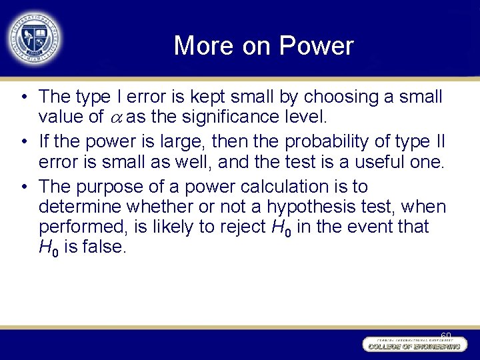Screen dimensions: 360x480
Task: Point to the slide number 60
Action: (x=445, y=335)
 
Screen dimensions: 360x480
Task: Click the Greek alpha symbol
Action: (x=115, y=119)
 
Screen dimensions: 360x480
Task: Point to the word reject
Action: (x=241, y=227)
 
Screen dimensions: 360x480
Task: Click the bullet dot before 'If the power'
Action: (x=23, y=141)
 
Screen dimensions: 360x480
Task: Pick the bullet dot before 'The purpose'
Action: (x=23, y=186)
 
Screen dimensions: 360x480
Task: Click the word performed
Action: (x=81, y=227)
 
